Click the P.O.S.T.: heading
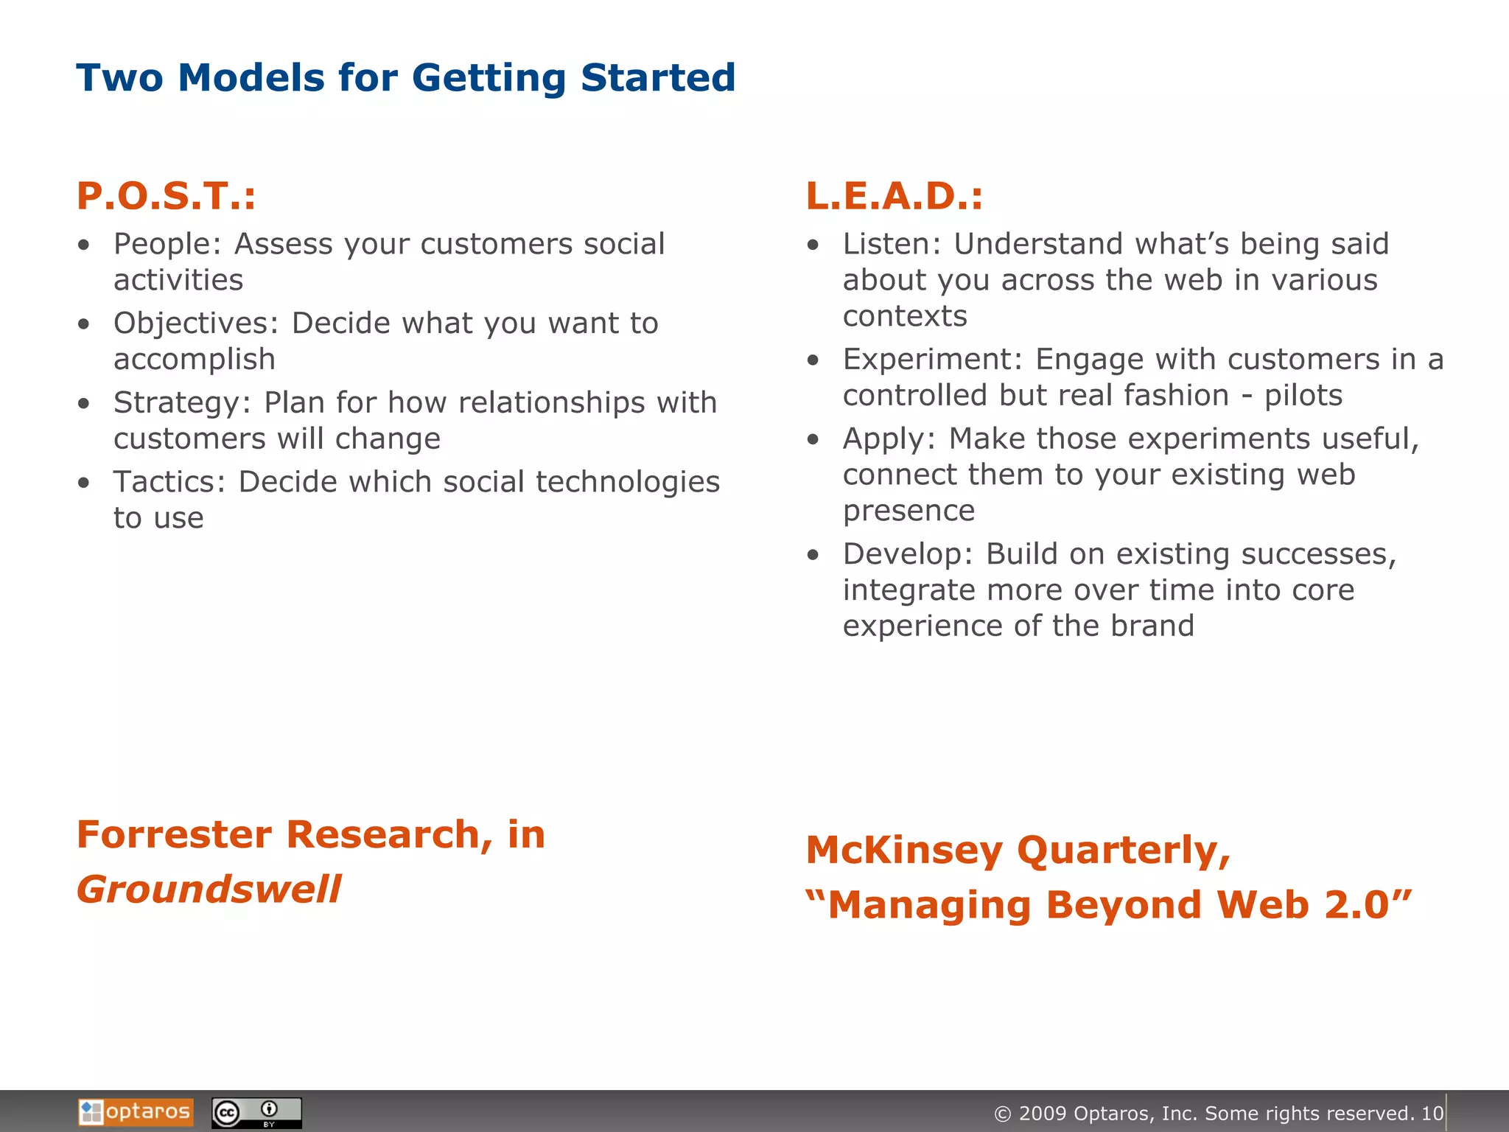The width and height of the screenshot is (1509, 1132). click(166, 196)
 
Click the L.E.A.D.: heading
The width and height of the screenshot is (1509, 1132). click(894, 196)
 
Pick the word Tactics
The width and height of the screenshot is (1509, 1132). click(167, 482)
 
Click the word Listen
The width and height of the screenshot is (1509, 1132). click(887, 244)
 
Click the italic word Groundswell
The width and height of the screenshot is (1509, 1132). click(209, 890)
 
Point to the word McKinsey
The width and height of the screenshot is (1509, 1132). click(903, 850)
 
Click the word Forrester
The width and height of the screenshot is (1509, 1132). click(174, 835)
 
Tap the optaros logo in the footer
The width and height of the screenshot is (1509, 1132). click(136, 1112)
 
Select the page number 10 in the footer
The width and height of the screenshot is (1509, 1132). click(1432, 1114)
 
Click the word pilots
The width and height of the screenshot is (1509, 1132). click(1303, 396)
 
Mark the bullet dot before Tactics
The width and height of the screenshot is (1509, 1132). click(84, 483)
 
